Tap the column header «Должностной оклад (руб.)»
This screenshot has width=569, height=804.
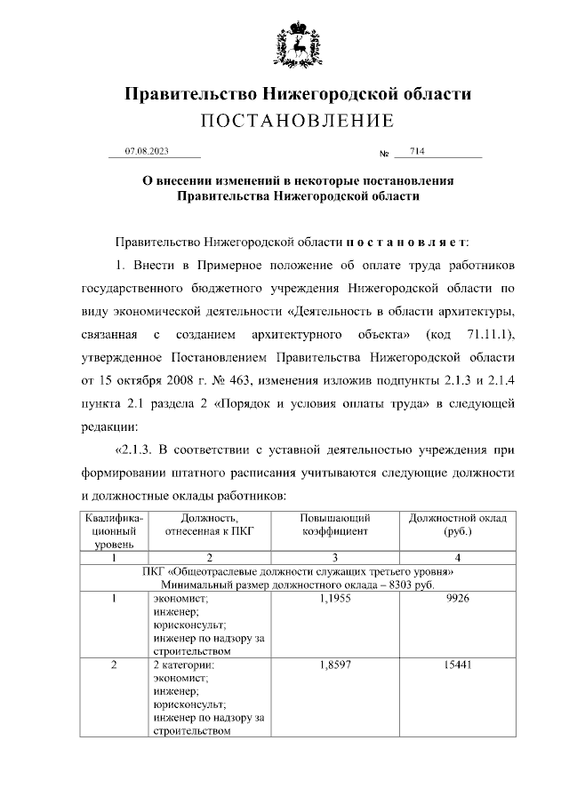tap(456, 524)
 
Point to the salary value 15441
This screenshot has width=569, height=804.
tap(456, 665)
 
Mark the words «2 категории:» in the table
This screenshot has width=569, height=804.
tap(181, 665)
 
